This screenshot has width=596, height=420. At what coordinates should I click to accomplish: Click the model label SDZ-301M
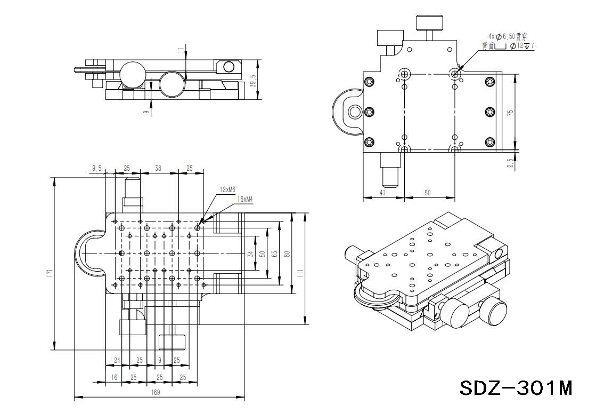[516, 387]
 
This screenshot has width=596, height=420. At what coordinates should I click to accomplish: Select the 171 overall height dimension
[49, 272]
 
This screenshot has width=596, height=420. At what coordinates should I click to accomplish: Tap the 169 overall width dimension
[156, 392]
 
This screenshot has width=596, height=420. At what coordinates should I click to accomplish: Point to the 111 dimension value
[300, 272]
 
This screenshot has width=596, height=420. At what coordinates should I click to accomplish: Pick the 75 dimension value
[510, 113]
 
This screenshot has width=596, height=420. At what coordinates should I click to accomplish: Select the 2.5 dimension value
[510, 163]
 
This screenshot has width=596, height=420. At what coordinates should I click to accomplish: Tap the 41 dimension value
[382, 193]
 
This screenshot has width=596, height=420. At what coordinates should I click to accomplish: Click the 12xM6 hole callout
[227, 189]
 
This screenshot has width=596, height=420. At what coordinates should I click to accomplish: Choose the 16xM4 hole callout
[244, 199]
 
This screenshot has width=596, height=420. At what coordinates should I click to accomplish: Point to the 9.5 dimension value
[96, 168]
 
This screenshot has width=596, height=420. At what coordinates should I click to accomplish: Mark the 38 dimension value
[158, 168]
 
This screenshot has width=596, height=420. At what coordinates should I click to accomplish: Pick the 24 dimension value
[117, 360]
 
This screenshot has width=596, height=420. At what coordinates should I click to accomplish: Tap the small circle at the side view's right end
[229, 67]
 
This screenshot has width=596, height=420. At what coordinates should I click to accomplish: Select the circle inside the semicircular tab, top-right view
[354, 112]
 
